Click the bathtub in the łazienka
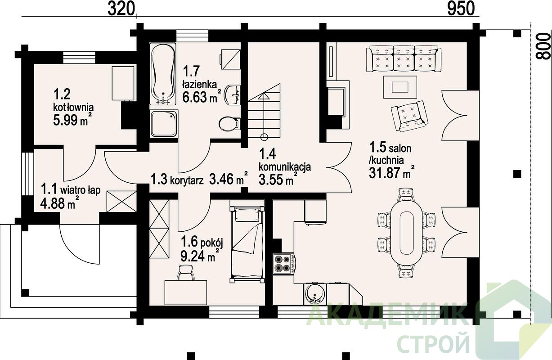163,74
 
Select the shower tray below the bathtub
164,124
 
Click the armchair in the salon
409,115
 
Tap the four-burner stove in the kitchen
283,264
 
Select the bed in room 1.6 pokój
247,242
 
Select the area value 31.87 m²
391,173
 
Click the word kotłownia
73,107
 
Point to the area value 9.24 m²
199,256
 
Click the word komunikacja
285,167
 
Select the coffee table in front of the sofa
400,87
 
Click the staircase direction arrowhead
264,96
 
